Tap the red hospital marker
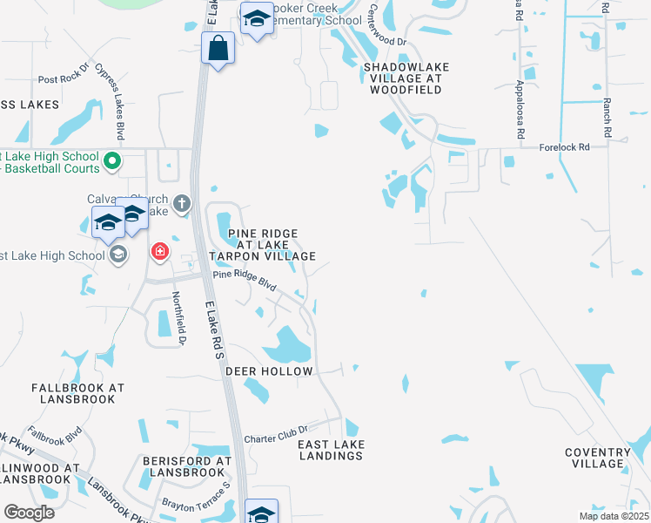[x=159, y=253]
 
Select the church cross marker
[x=181, y=205]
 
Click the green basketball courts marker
[x=111, y=160]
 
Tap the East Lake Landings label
[x=331, y=450]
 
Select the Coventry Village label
[x=597, y=458]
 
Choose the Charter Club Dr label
[x=277, y=432]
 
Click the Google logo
[x=29, y=513]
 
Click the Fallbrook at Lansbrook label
[x=77, y=393]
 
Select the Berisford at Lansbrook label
[x=188, y=465]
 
